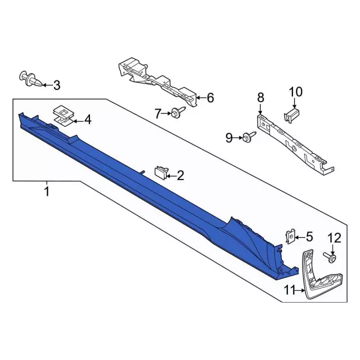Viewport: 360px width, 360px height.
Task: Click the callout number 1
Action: [47, 192]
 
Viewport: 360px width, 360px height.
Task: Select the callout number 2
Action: [180, 176]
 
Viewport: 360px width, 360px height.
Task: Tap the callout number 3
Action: [56, 85]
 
